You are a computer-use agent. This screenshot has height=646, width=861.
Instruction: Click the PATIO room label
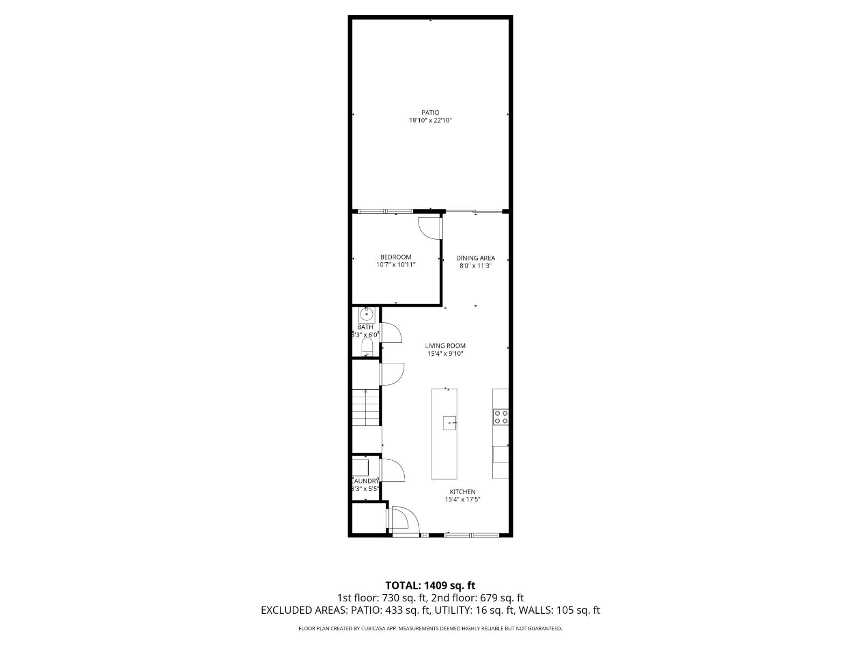coord(430,113)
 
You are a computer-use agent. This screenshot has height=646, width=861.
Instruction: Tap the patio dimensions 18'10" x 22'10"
coord(430,121)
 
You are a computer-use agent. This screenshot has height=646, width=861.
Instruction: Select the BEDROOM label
coord(396,257)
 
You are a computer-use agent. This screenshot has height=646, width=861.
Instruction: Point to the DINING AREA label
coord(475,258)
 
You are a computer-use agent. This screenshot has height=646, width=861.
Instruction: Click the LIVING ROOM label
coord(445,346)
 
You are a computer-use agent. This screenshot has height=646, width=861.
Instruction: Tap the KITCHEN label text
coord(462,491)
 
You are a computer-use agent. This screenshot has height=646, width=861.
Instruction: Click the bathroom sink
coord(366,314)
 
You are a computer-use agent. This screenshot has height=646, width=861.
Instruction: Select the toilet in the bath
coord(367,346)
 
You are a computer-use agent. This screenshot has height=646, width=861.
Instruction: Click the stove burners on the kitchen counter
coord(500,417)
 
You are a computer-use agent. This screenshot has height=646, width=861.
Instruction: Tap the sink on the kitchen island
coord(449,423)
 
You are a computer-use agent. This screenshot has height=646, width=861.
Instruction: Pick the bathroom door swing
coord(391,333)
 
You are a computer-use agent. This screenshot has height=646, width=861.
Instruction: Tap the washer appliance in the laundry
coord(360,466)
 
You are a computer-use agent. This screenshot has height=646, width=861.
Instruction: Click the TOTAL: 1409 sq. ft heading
coord(430,585)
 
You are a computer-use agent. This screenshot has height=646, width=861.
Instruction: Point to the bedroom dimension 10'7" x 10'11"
coord(396,265)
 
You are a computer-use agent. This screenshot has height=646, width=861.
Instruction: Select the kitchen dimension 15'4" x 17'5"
coord(462,500)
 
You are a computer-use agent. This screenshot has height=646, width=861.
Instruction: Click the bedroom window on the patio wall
coord(385,211)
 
